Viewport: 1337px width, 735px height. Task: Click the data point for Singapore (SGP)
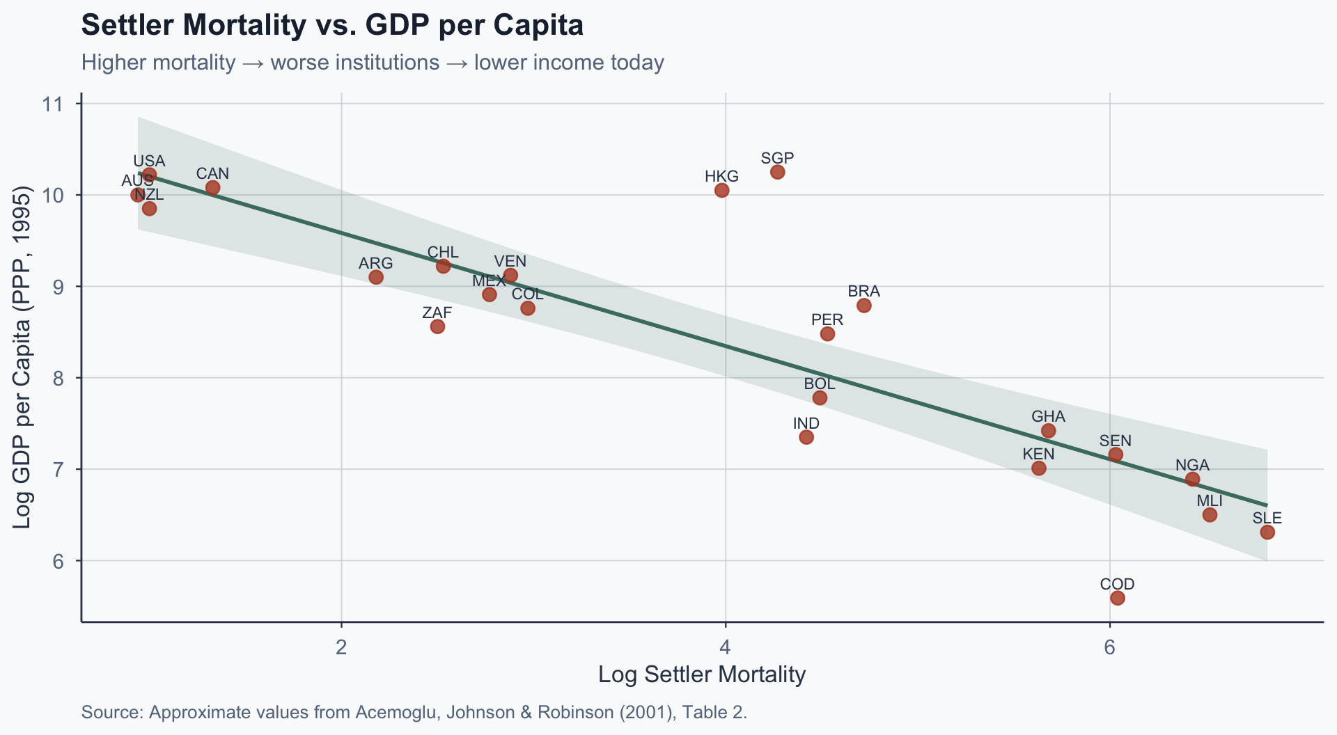[x=778, y=172]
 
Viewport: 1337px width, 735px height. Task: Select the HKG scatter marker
[x=722, y=190]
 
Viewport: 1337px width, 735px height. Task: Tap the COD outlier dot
[x=1118, y=598]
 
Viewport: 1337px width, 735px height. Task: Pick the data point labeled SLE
[x=1267, y=532]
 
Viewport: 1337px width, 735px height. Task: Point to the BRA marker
[x=864, y=306]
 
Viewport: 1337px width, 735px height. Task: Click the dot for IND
[x=806, y=437]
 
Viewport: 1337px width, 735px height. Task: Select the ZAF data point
[x=437, y=326]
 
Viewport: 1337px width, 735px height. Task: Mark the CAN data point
[x=213, y=188]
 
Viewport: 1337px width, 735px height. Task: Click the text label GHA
[x=1048, y=416]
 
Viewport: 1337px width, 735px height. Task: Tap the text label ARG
[x=376, y=263]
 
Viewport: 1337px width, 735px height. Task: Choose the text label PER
[x=827, y=319]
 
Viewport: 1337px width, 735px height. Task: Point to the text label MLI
[x=1210, y=501]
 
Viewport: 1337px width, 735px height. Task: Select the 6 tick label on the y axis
[x=56, y=561]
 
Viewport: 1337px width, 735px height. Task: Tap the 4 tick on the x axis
[x=726, y=648]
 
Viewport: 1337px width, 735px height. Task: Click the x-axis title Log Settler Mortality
[x=702, y=674]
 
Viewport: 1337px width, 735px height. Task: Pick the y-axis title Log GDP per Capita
[x=22, y=357]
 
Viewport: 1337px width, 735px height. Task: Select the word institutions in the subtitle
[x=355, y=63]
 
